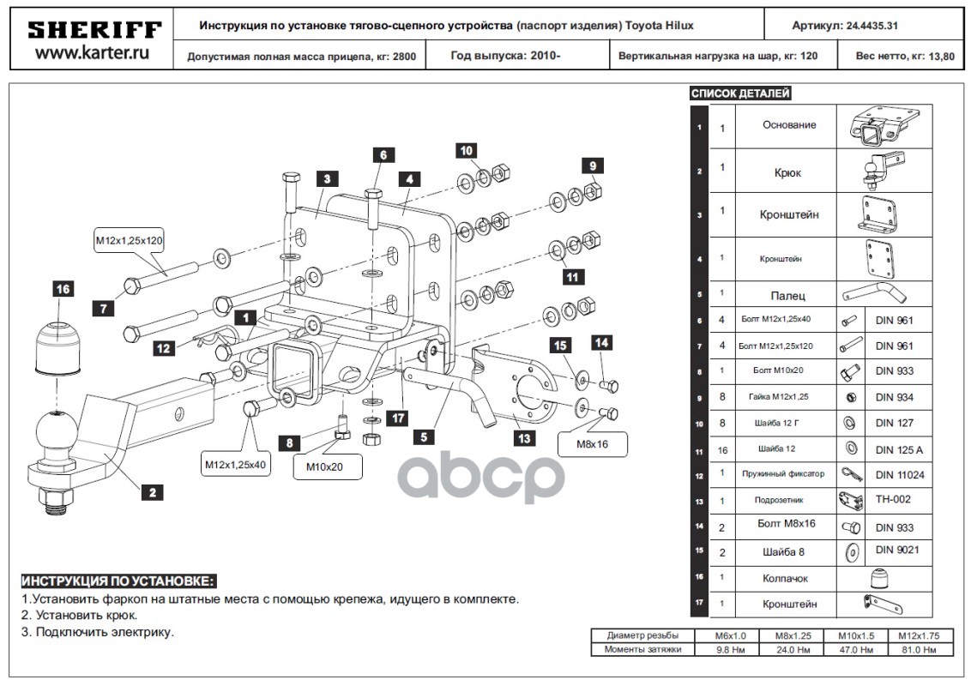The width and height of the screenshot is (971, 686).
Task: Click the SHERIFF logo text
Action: pyautogui.click(x=93, y=30)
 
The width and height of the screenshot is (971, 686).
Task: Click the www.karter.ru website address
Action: pyautogui.click(x=93, y=53)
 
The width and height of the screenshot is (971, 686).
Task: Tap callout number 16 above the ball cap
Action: pyautogui.click(x=63, y=289)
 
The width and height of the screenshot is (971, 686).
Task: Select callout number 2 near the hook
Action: pyautogui.click(x=152, y=492)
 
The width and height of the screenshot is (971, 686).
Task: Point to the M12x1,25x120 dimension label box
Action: pyautogui.click(x=129, y=241)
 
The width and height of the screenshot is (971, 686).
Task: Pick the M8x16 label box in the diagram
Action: pyautogui.click(x=592, y=445)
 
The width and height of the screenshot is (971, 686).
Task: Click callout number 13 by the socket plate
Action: pyautogui.click(x=523, y=438)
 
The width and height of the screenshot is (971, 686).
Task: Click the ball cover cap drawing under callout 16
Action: pyautogui.click(x=57, y=347)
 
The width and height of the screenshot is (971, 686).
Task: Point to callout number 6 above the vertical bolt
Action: pyautogui.click(x=383, y=155)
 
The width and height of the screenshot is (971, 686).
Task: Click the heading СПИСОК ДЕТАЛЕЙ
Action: pyautogui.click(x=741, y=93)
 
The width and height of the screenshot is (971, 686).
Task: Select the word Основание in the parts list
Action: pyautogui.click(x=789, y=124)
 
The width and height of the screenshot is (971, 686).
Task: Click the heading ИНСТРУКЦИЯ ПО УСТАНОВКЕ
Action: pyautogui.click(x=118, y=581)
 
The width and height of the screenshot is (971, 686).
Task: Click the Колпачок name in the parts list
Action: pyautogui.click(x=785, y=578)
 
